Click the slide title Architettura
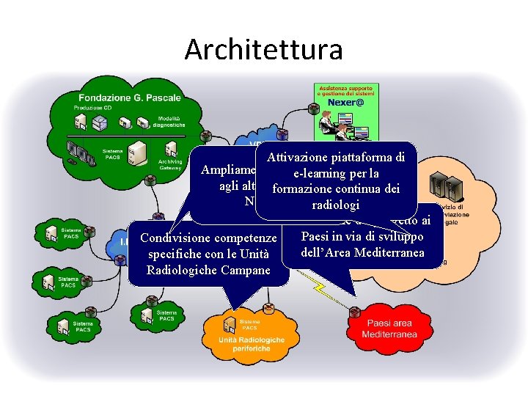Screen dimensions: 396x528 pyautogui.click(x=263, y=49)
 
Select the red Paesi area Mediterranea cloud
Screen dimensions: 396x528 pyautogui.click(x=389, y=329)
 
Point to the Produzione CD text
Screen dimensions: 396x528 pyautogui.click(x=92, y=109)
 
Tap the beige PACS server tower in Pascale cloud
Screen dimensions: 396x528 pyautogui.click(x=134, y=152)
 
